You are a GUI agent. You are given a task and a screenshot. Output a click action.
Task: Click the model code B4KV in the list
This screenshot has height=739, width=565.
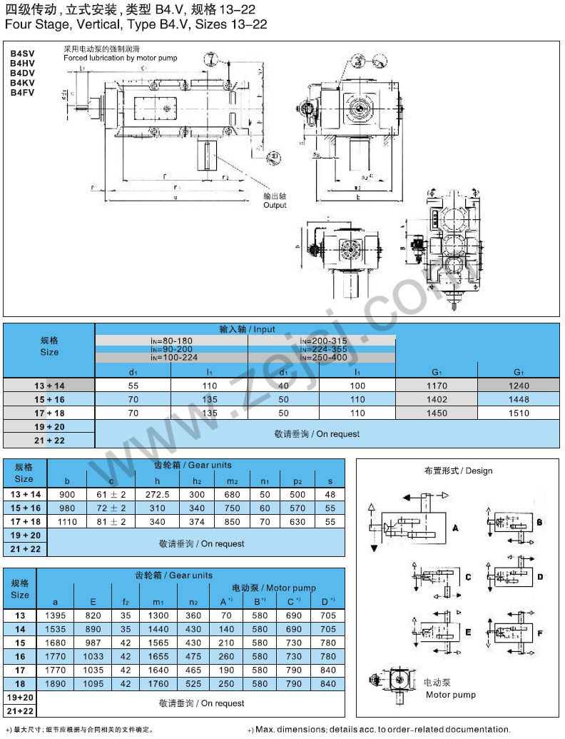click(x=22, y=83)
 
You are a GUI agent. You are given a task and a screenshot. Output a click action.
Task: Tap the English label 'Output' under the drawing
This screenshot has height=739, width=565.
click(x=275, y=205)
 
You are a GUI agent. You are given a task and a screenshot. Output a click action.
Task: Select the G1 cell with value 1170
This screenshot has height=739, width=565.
click(x=436, y=386)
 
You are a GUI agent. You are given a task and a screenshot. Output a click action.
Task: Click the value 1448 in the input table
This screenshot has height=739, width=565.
click(x=519, y=399)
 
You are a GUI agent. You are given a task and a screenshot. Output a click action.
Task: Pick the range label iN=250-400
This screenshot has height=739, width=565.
click(x=323, y=358)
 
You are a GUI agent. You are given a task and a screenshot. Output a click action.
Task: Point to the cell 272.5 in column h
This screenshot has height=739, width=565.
click(x=157, y=495)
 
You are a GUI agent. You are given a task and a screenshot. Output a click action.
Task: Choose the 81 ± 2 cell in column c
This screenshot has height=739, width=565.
click(x=111, y=522)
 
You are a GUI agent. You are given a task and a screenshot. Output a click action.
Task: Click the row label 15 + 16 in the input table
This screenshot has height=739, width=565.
click(x=49, y=399)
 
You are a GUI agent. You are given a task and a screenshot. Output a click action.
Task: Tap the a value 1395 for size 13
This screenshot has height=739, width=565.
click(x=56, y=615)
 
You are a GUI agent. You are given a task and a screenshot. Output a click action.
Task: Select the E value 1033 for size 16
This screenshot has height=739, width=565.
click(x=93, y=656)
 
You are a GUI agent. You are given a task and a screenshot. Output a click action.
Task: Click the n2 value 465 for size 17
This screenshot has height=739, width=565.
click(x=193, y=670)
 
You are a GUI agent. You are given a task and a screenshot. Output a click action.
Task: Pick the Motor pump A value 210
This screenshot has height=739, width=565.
click(x=227, y=643)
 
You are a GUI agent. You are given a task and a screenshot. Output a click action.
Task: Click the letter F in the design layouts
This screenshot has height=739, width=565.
click(x=540, y=633)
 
